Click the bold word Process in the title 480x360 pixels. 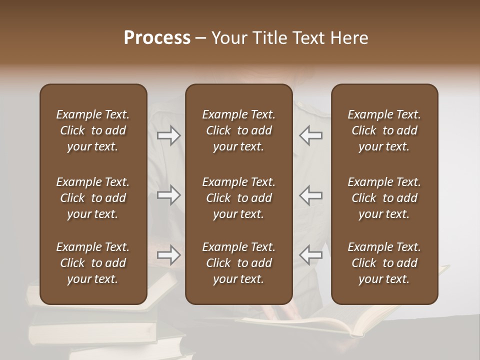157,38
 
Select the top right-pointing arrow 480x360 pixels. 168,135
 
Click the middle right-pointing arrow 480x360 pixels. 168,195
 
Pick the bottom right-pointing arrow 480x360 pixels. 168,255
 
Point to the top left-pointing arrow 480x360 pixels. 310,135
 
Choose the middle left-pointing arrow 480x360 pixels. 310,195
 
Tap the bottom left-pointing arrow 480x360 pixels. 310,255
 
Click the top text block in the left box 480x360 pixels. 93,130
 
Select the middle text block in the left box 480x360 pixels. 93,198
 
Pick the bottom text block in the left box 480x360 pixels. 93,263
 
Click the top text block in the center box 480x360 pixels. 238,130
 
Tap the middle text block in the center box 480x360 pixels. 238,198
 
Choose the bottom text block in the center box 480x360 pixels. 238,263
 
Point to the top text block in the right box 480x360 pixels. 384,130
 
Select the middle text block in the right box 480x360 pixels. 384,198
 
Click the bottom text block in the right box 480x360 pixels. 384,263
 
